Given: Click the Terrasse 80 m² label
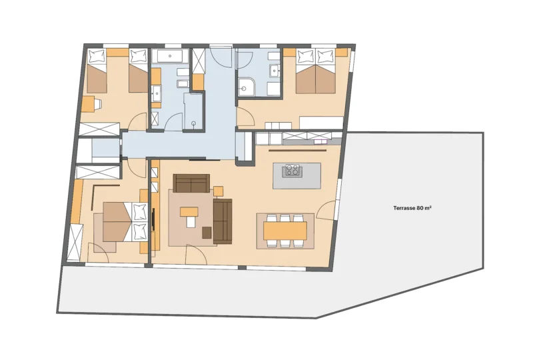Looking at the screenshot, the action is coord(412,208).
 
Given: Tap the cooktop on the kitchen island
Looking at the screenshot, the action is coord(292,170).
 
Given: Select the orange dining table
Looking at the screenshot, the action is coord(285,231).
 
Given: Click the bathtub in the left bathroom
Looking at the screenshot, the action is coord(170,56).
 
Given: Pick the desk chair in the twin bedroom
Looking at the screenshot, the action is coord(97,105).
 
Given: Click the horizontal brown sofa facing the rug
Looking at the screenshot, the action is coord(191,183).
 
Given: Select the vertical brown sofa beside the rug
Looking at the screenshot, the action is coord(223,221).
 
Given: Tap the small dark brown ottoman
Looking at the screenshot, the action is coord(207,233).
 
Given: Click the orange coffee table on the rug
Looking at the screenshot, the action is coord(189,212).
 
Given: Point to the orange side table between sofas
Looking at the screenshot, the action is coord(219,191).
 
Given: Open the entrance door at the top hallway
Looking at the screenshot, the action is coord(221,56).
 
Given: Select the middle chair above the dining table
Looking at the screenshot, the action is coord(285,218).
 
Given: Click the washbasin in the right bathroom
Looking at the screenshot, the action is coord(274,71).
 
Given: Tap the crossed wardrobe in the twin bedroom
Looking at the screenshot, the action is coord(99,129).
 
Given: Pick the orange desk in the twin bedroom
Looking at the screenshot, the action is coord(87,104).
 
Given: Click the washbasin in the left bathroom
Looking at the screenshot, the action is coord(157,93).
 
